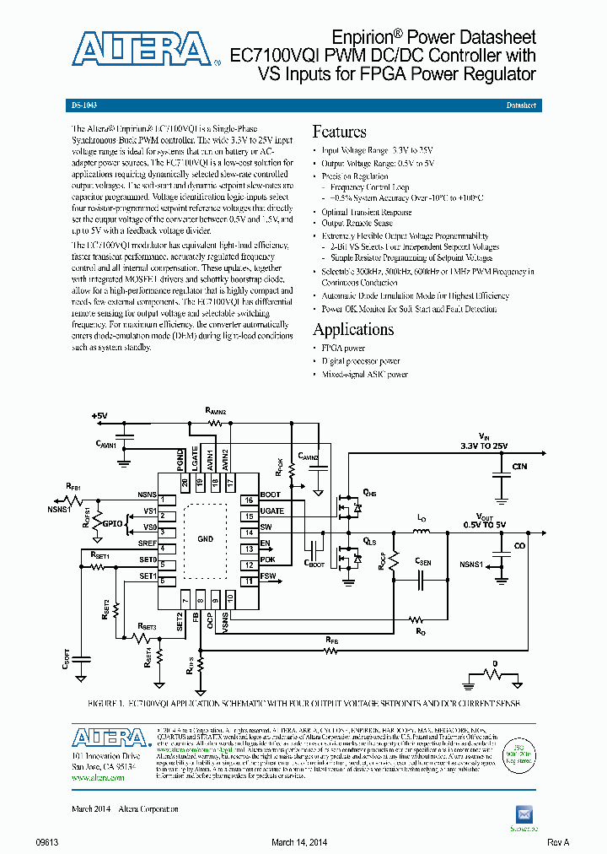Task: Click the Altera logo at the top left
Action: [x=140, y=49]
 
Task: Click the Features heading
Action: [x=339, y=132]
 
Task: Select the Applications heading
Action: [x=352, y=329]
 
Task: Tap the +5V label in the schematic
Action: [x=99, y=416]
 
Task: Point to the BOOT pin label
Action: [x=271, y=495]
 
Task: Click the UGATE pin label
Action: [x=271, y=511]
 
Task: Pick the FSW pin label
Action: [x=268, y=576]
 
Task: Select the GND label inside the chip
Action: [x=205, y=538]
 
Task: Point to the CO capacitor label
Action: [x=519, y=546]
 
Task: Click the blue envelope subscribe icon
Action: [x=524, y=813]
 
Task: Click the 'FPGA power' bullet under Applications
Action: [x=344, y=348]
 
